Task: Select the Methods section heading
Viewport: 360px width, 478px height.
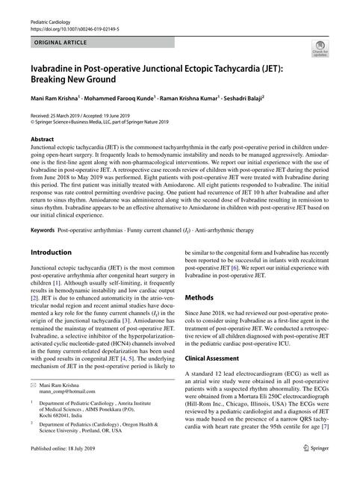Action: point(203,297)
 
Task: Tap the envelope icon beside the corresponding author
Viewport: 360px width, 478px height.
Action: point(33,403)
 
